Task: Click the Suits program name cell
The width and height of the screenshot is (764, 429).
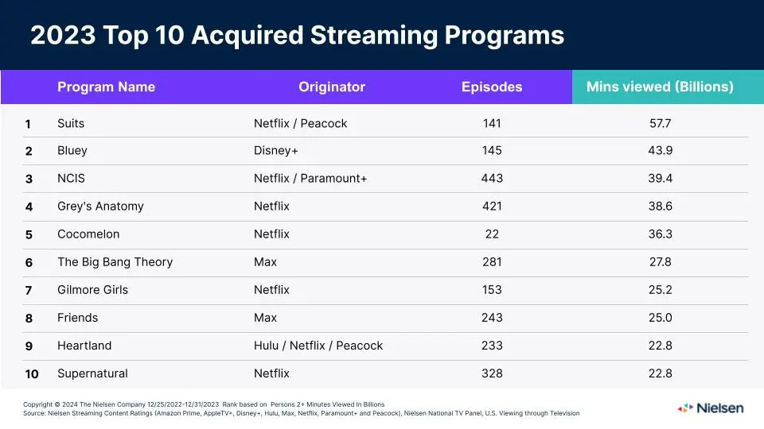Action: click(71, 123)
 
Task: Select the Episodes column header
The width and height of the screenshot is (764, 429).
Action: click(492, 87)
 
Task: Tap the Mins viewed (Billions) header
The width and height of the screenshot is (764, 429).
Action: click(660, 87)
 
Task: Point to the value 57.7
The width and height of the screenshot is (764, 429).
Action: click(660, 123)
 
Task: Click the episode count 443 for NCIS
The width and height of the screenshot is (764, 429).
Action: click(492, 179)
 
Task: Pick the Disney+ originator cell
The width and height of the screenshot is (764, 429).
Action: click(276, 151)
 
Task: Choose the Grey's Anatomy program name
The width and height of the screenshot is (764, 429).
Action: click(100, 207)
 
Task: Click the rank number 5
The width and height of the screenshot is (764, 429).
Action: click(29, 235)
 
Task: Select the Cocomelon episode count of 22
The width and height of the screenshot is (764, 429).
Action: click(492, 234)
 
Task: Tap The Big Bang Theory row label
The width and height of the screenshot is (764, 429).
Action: click(115, 262)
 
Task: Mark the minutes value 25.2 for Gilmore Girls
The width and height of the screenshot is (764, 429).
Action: click(660, 290)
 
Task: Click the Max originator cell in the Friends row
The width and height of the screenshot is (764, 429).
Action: click(265, 318)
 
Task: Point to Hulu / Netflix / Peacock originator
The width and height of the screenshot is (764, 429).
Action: click(318, 346)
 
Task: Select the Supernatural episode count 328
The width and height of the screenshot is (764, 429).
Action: click(492, 373)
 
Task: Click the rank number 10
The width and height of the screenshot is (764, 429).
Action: click(31, 374)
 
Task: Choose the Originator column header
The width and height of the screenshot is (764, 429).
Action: click(332, 87)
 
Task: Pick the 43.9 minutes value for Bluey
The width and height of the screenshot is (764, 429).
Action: click(660, 151)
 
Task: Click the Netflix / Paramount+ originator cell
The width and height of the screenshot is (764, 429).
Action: click(310, 179)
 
